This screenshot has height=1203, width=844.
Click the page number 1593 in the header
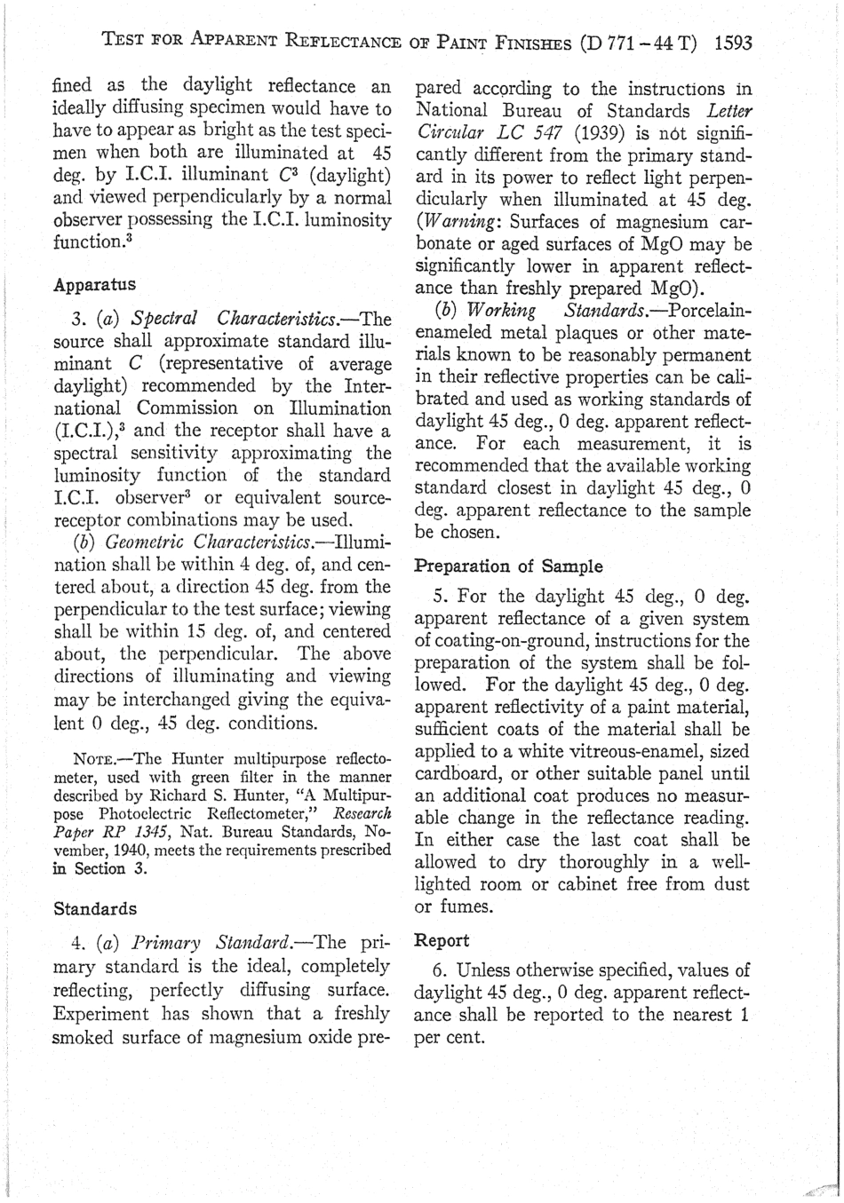(x=733, y=42)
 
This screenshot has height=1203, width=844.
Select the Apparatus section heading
(x=95, y=285)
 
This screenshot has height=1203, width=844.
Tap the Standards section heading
(x=95, y=908)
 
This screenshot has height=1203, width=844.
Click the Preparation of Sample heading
(x=509, y=566)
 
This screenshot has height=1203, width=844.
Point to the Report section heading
(x=442, y=939)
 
